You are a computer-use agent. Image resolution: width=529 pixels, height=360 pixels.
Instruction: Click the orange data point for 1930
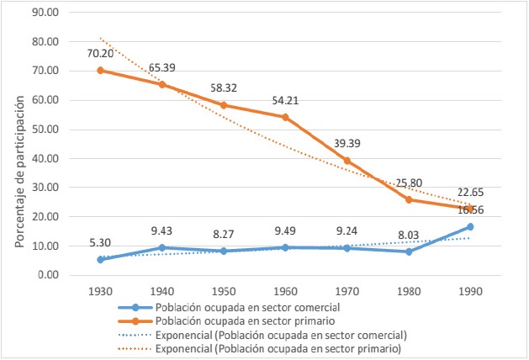(100, 70)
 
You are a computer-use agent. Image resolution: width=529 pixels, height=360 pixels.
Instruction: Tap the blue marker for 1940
(162, 247)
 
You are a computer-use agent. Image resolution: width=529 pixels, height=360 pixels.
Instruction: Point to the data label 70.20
(101, 52)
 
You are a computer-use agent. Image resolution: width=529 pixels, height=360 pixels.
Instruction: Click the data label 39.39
(348, 142)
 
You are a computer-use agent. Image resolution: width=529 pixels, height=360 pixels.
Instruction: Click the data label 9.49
(286, 230)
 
